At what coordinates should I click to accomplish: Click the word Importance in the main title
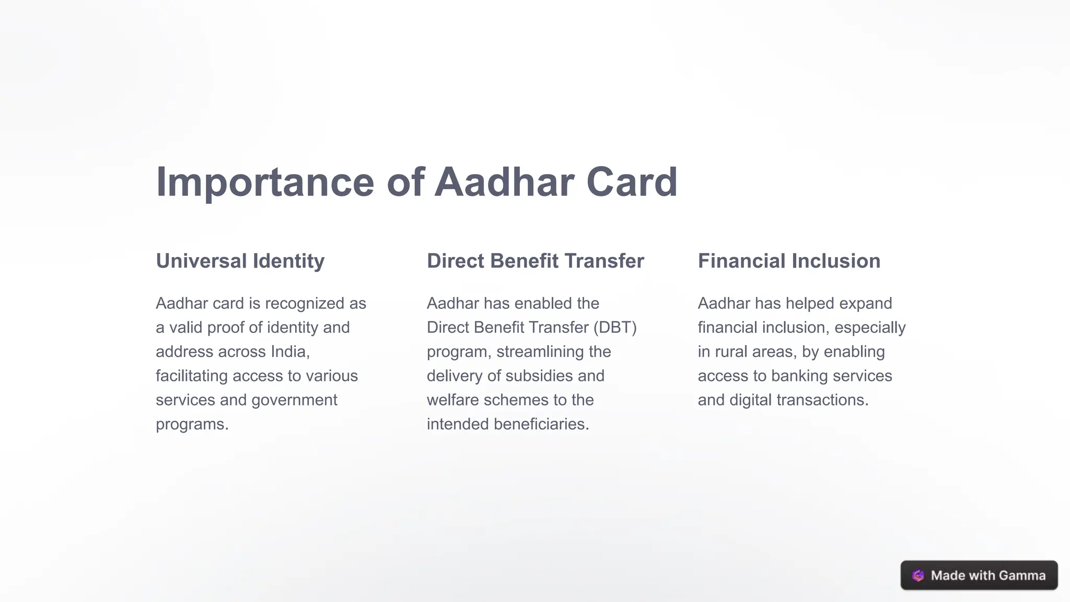pyautogui.click(x=265, y=182)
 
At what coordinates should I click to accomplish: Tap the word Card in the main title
pyautogui.click(x=632, y=182)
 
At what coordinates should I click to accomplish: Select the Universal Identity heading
pyautogui.click(x=240, y=261)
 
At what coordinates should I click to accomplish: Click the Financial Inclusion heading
pyautogui.click(x=789, y=261)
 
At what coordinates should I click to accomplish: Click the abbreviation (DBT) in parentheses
pyautogui.click(x=615, y=328)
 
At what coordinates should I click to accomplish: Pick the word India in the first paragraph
pyautogui.click(x=290, y=352)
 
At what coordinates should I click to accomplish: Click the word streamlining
pyautogui.click(x=540, y=352)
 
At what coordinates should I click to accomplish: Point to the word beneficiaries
pyautogui.click(x=541, y=424)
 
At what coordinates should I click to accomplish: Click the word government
pyautogui.click(x=294, y=400)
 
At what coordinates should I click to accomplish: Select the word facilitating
pyautogui.click(x=192, y=376)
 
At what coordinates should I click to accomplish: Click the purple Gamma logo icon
pyautogui.click(x=918, y=575)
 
